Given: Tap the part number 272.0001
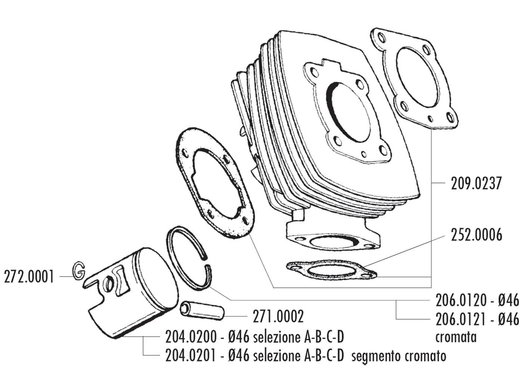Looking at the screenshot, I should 29,277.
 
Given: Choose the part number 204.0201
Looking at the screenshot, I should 190,356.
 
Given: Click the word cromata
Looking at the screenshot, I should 456,337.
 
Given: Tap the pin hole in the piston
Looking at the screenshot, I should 109,284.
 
